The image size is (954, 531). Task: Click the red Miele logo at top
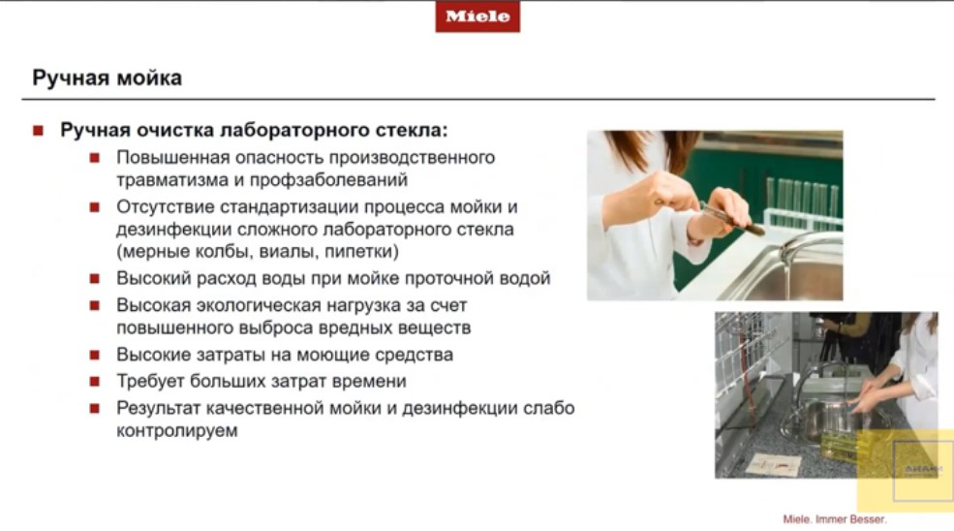click(x=477, y=16)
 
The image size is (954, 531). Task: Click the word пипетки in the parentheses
click(x=361, y=252)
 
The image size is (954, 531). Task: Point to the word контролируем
click(x=177, y=430)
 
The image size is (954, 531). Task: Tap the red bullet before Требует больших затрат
click(x=96, y=382)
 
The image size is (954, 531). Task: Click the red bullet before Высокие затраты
click(x=96, y=356)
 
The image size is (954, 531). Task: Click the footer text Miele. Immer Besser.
click(x=834, y=518)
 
